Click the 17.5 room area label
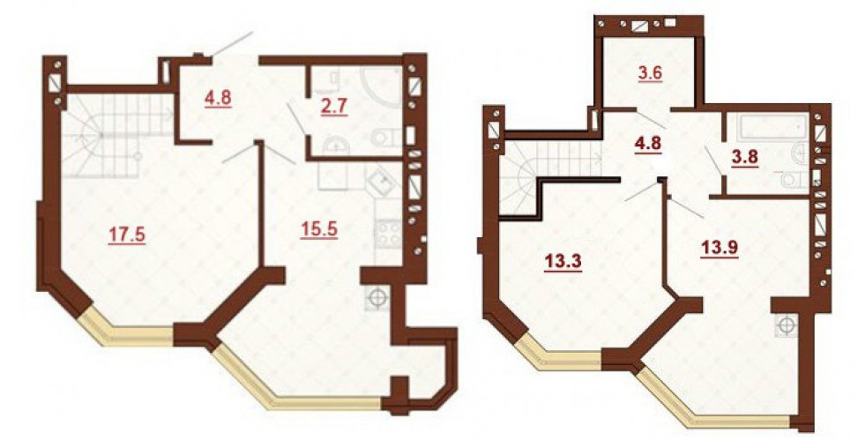coord(126,235)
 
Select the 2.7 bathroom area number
coord(334,106)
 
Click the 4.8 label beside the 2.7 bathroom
coord(218,99)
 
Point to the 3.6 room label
coord(651,72)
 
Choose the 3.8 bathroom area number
coord(744,158)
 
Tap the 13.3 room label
coord(563,263)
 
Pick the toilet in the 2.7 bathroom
coord(386,137)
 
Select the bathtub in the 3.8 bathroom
coord(772,129)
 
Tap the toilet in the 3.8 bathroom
coord(795,179)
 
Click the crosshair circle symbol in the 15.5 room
coord(377,298)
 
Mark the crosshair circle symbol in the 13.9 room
coord(787,325)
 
